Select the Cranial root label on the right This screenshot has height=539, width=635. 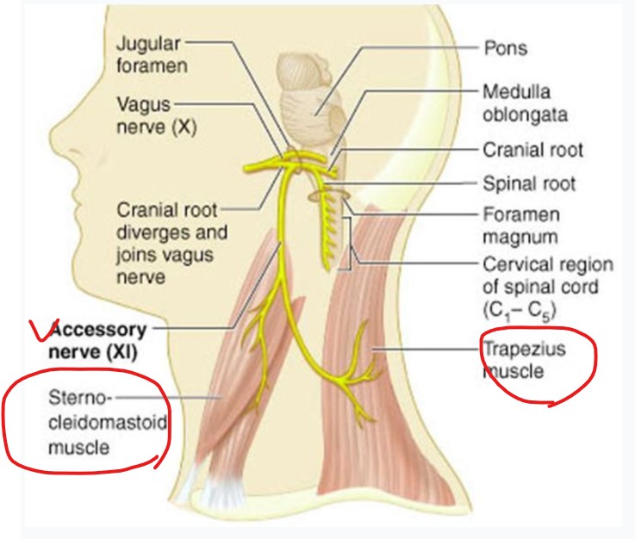click(532, 150)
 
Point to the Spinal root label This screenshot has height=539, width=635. click(528, 183)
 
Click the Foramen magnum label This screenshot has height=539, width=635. click(520, 223)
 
